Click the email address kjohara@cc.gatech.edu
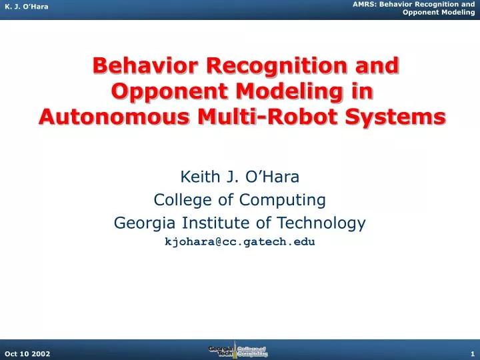pyautogui.click(x=240, y=243)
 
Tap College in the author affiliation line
pyautogui.click(x=178, y=200)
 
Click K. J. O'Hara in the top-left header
pyautogui.click(x=26, y=6)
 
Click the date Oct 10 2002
pyautogui.click(x=26, y=353)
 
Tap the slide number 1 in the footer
pyautogui.click(x=471, y=353)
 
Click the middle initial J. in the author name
pyautogui.click(x=231, y=177)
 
